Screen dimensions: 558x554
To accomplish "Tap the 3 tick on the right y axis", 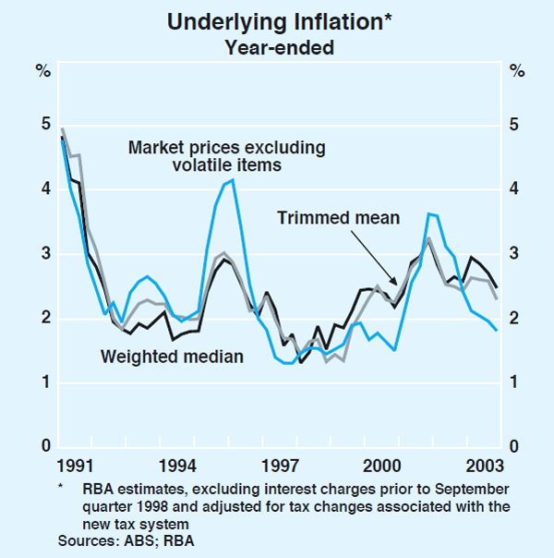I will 516,254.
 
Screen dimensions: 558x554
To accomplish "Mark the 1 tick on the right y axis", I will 516,383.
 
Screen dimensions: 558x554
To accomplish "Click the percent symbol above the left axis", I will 42,71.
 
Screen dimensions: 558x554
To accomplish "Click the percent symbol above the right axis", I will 516,71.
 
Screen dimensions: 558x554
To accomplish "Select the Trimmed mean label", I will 338,218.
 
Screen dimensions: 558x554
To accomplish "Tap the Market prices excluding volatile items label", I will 226,156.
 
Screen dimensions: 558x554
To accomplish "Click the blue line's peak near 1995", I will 233,180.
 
